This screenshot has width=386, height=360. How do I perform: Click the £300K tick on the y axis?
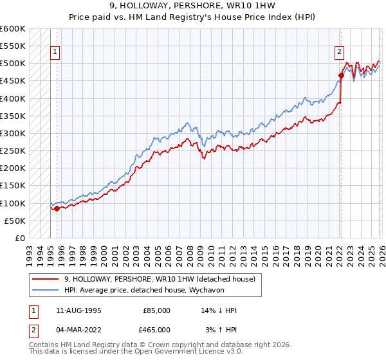13,133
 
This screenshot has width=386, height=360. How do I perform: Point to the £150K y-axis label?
13,186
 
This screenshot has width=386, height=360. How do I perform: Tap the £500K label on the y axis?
13,64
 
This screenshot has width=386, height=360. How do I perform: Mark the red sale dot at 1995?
57,208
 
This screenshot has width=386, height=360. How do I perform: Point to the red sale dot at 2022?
341,76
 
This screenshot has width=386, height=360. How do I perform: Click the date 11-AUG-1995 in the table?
78,310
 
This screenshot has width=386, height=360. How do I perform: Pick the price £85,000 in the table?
157,310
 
